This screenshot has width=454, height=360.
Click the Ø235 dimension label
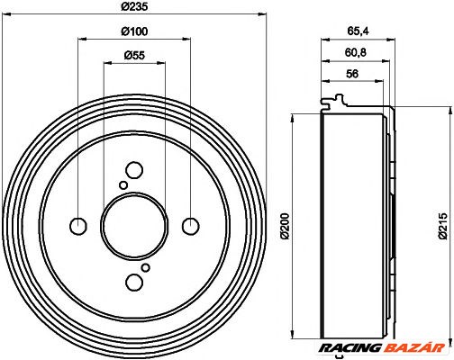(133, 7)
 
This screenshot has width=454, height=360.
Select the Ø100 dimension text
(133, 33)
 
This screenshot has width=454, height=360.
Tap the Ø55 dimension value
(133, 57)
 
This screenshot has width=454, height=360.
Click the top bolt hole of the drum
(134, 170)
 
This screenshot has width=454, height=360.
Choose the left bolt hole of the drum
(78, 225)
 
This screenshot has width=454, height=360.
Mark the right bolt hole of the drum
(190, 225)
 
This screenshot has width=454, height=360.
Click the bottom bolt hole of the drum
(134, 281)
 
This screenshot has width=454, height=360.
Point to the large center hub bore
(134, 225)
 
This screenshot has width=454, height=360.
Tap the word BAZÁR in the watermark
(412, 345)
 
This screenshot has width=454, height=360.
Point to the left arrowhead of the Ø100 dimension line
(82, 39)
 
